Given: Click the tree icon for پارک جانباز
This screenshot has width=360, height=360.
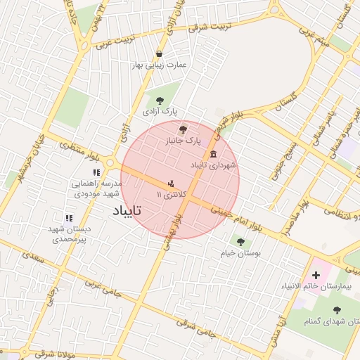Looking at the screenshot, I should pos(184,129).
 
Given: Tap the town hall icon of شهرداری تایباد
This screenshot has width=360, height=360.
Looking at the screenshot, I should pos(213,154).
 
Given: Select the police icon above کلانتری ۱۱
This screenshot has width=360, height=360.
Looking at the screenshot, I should pos(169,184).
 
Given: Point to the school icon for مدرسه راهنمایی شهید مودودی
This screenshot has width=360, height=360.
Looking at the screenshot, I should pos(96,172).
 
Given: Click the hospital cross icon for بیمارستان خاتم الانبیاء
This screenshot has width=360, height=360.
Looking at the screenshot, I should pos(316,274).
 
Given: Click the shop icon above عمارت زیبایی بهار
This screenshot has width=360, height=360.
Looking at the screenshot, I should pos(160,53).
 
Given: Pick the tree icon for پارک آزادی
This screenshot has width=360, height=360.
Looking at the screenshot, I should pos(160,100).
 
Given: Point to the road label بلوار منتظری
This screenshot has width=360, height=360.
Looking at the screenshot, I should pos(77,149).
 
